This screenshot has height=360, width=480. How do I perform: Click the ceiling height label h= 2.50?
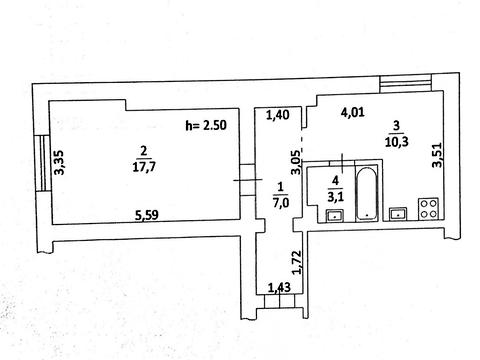tap(206, 125)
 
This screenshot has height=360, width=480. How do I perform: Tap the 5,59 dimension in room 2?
tap(147, 216)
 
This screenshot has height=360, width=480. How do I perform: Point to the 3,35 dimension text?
tap(60, 162)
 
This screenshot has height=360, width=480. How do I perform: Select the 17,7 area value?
tap(144, 167)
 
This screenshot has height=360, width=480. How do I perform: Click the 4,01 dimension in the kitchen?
tap(353, 112)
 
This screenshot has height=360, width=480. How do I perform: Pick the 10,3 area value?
tap(397, 142)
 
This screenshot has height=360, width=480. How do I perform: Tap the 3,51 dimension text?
tap(437, 155)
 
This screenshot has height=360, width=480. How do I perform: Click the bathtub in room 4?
tap(367, 193)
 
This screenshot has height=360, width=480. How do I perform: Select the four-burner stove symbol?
tap(428, 209)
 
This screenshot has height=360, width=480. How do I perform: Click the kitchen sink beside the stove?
tap(398, 214)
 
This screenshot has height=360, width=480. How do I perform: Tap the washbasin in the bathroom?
tap(335, 216)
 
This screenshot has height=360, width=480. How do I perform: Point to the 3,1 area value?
tap(335, 198)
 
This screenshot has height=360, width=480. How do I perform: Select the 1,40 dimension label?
tap(278, 115)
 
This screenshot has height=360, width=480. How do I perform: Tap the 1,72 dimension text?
tap(296, 263)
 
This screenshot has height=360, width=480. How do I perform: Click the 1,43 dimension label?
tap(280, 287)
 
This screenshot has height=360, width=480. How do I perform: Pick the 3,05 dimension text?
tap(296, 162)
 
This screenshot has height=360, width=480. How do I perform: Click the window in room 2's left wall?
tap(42, 163)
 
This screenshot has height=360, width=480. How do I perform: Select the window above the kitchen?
tap(406, 83)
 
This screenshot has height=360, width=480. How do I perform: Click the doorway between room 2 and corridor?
tap(247, 180)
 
